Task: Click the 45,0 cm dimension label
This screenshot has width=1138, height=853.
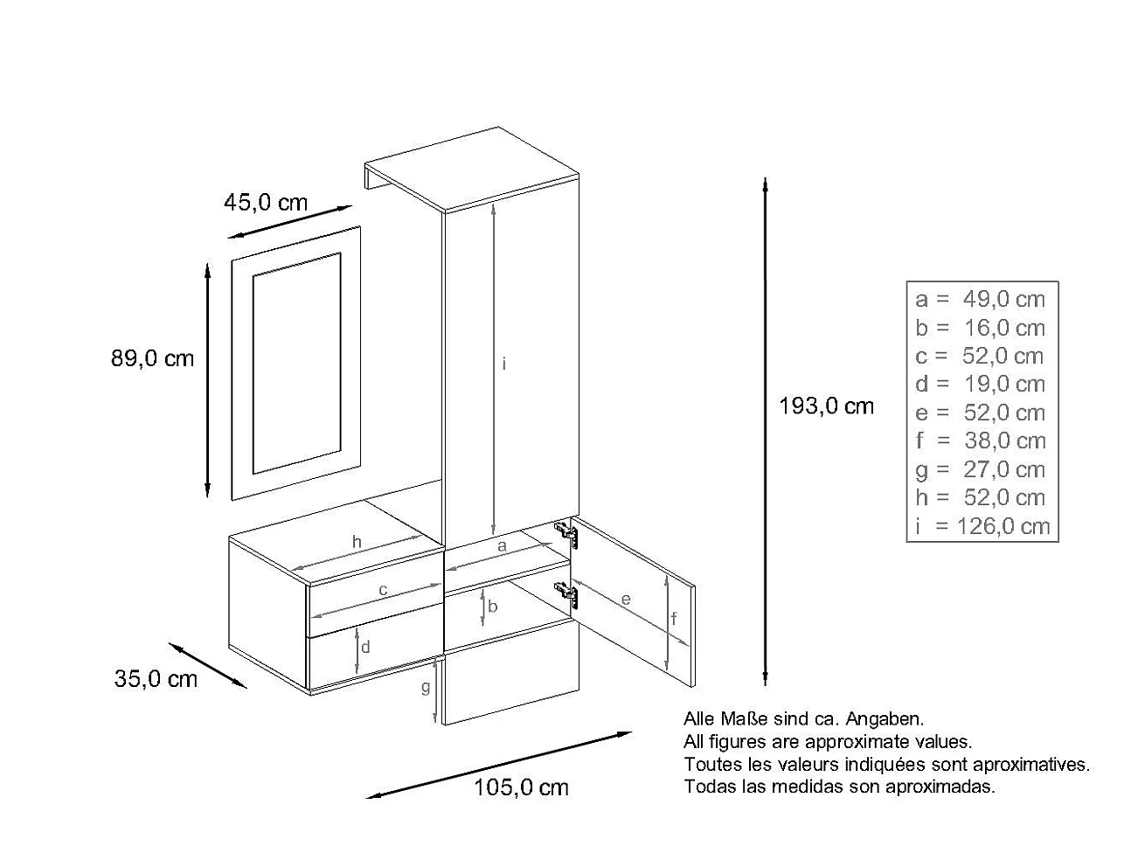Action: tap(266, 203)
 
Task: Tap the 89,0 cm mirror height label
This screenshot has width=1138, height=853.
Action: tap(153, 358)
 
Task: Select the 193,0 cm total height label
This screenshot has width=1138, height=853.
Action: tap(826, 406)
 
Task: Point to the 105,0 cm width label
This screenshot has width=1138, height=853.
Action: tap(521, 787)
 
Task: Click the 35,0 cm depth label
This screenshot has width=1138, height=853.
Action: tap(156, 678)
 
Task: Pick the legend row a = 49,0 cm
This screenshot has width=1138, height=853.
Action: tap(981, 299)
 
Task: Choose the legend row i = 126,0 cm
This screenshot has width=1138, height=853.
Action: tap(981, 526)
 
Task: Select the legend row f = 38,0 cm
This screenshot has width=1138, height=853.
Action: tap(981, 441)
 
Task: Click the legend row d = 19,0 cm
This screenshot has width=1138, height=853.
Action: tap(981, 384)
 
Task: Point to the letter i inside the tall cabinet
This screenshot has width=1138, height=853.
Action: tap(504, 364)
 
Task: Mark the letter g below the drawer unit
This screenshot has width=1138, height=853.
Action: tap(426, 688)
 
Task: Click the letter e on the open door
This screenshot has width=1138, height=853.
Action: tap(626, 600)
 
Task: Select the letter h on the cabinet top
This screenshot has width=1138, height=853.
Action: tap(357, 542)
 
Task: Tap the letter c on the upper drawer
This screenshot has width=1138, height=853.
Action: tap(383, 590)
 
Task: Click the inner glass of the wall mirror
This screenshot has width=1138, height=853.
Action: tap(296, 363)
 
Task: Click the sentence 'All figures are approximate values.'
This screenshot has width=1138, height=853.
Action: tap(828, 742)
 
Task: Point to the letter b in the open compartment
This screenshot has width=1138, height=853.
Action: tap(493, 606)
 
